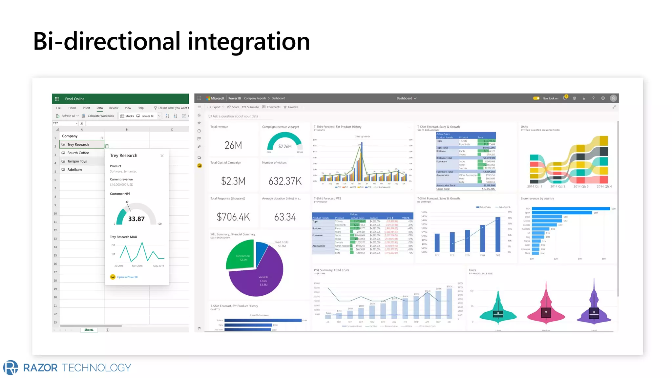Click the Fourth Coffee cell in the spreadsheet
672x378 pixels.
tap(78, 153)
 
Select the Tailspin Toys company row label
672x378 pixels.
tap(77, 161)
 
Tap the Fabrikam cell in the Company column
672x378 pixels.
tap(74, 170)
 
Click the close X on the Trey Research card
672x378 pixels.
tap(162, 156)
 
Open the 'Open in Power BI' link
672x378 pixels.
tap(127, 277)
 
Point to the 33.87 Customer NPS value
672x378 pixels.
tap(136, 219)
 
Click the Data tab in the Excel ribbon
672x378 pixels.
tap(99, 108)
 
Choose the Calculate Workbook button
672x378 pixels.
tap(100, 116)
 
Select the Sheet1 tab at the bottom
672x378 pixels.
tap(89, 330)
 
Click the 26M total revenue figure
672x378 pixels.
tap(233, 145)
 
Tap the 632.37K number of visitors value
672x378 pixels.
tap(285, 181)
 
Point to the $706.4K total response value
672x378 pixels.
tap(233, 217)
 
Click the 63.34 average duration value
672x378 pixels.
tap(285, 217)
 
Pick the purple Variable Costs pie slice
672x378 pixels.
tap(262, 279)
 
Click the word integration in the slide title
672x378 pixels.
tap(249, 41)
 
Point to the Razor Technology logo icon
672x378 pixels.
tap(11, 367)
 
